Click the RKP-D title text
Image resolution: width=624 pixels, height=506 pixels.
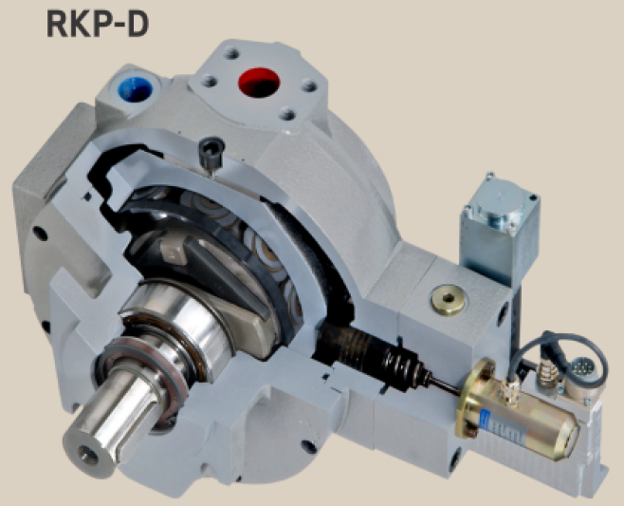(98, 23)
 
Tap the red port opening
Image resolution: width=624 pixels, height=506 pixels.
(259, 82)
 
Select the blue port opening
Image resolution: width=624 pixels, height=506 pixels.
(136, 90)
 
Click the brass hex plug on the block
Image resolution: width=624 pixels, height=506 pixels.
(449, 299)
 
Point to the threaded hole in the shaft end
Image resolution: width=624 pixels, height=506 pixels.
(88, 455)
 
